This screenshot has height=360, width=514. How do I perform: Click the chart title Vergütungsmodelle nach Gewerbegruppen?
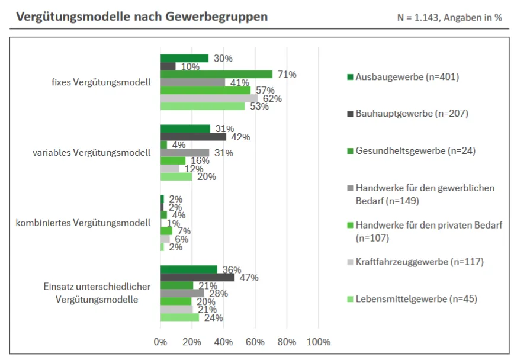[x=142, y=17]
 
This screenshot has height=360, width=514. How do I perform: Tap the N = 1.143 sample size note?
[x=449, y=18]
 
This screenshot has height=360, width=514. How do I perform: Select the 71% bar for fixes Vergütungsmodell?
[x=216, y=74]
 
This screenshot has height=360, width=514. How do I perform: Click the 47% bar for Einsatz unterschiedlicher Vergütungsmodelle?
[x=197, y=277]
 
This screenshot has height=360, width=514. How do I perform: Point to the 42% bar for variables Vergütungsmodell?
[x=193, y=137]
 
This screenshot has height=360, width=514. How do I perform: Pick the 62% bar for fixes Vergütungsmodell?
[x=209, y=98]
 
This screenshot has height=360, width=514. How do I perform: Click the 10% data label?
[x=189, y=67]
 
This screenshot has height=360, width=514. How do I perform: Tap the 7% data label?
[x=184, y=231]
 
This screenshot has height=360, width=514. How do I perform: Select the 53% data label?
[x=259, y=107]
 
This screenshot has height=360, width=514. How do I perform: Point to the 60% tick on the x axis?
[x=255, y=342]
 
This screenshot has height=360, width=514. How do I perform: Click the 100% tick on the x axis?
[x=318, y=342]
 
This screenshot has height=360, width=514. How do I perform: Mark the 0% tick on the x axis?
[x=160, y=342]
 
